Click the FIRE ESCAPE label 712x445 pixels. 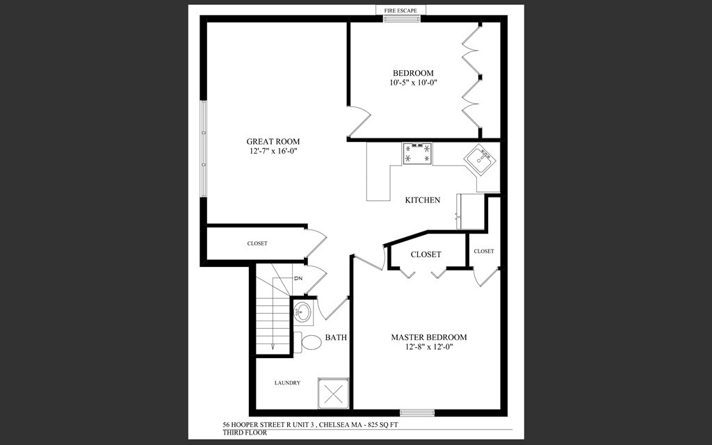[401, 10]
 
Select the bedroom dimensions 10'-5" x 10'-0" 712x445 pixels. [413, 83]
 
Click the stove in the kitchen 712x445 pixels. [417, 154]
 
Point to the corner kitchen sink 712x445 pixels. [480, 161]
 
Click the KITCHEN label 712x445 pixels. [423, 200]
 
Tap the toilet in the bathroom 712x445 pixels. [307, 341]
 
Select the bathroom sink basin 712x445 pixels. [303, 311]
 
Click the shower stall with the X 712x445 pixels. [334, 393]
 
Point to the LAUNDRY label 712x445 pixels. [287, 382]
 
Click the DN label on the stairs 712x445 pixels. [298, 279]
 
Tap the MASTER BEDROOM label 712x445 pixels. [429, 337]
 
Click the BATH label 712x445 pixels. [337, 338]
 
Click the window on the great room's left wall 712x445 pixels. [203, 149]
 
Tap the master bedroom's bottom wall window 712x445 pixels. [417, 412]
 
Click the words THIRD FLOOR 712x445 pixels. [240, 432]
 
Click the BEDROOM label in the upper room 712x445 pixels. [413, 73]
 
